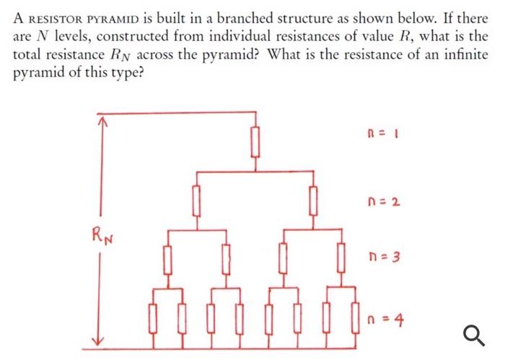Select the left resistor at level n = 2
point(196,199)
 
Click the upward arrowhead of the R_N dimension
point(102,121)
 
